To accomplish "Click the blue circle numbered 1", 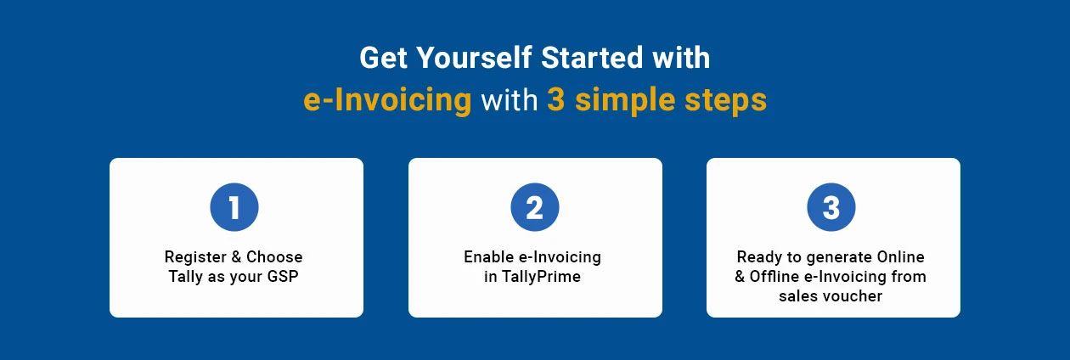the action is (234, 207).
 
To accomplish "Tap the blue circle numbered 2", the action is (534, 207).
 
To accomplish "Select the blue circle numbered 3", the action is (831, 207).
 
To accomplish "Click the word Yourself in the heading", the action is (474, 58).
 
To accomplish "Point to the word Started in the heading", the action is (593, 58).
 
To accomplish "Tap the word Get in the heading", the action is (383, 58).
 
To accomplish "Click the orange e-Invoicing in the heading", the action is (388, 100).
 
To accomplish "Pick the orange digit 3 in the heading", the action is (556, 99).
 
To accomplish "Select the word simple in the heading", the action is (625, 101).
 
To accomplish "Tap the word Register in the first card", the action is (195, 257).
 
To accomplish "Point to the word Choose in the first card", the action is (274, 257).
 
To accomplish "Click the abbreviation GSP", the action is (283, 276).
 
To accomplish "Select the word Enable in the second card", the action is (489, 257).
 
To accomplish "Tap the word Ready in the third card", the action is (759, 257).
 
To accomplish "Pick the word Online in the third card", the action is (900, 257).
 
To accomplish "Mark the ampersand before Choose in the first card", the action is (236, 257).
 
